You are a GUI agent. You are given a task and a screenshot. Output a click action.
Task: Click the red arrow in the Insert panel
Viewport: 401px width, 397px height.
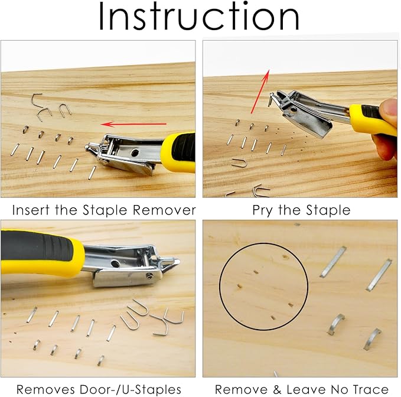(x=133, y=124)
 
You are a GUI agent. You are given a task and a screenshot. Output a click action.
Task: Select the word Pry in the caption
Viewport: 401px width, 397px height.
(x=263, y=210)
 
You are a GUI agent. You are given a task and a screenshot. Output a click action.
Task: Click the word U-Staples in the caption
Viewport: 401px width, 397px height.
(x=152, y=389)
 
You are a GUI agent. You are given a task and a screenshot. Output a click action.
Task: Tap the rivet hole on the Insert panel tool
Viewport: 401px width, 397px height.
(x=135, y=152)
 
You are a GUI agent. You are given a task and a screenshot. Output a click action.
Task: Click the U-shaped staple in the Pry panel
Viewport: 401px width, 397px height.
(x=239, y=162)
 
